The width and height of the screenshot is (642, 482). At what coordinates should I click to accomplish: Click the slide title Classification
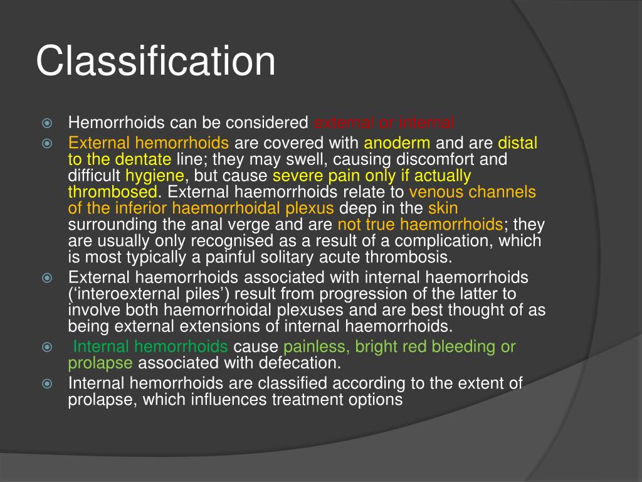(x=155, y=62)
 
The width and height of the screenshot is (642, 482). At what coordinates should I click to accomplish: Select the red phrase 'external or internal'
(x=384, y=122)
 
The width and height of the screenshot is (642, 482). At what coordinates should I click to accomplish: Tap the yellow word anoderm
(x=397, y=143)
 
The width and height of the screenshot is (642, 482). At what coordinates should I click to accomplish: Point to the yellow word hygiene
(x=155, y=176)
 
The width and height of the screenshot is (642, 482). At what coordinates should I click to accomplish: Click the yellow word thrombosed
(x=113, y=191)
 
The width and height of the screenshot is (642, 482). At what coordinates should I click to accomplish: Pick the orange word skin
(x=443, y=208)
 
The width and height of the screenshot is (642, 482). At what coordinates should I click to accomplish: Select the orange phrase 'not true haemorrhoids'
(x=420, y=224)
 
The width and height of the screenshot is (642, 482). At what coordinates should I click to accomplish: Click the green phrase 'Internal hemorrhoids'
(x=150, y=346)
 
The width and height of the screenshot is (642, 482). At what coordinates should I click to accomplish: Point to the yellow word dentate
(x=142, y=159)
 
